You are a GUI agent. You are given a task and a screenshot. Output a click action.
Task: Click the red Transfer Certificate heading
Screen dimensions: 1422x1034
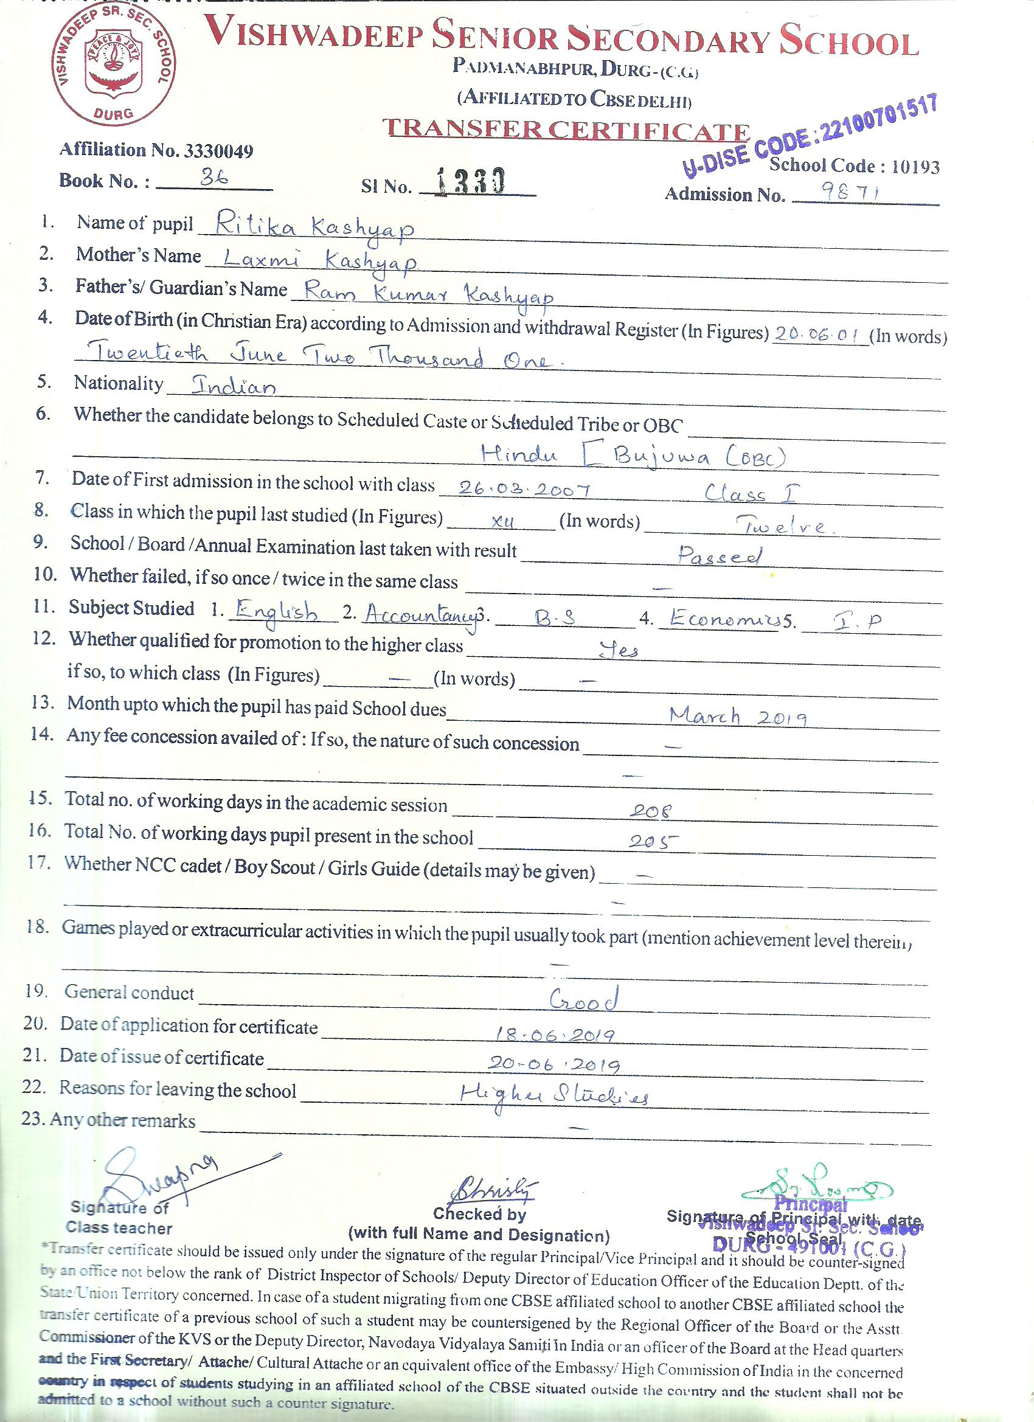566,129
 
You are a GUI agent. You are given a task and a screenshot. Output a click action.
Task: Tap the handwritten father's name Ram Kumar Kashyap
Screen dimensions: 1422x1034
428,294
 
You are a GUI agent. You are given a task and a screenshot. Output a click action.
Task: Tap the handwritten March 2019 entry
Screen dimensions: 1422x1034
737,716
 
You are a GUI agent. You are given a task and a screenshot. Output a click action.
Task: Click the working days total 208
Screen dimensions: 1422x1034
650,811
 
